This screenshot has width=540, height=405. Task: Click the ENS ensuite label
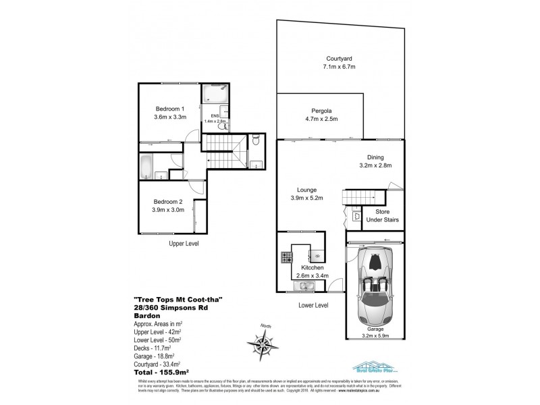[x=215, y=117]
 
